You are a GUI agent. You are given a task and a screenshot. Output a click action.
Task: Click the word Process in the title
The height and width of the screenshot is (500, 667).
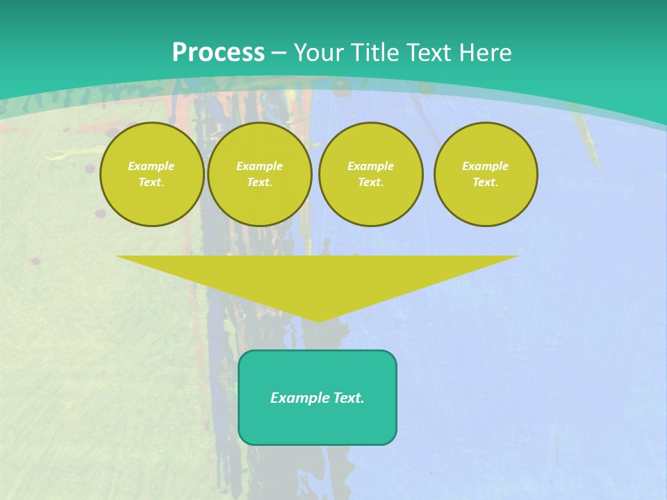218,53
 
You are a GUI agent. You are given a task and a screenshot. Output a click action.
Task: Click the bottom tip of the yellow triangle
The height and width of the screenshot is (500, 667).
318,319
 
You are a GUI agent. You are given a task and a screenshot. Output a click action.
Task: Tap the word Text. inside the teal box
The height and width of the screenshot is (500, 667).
348,398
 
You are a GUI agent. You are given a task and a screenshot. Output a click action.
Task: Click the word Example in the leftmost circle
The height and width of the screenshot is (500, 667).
151,166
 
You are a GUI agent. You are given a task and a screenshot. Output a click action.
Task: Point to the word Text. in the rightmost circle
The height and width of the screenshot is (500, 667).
486,182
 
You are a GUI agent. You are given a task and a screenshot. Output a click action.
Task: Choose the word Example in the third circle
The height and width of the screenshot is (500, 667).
371,166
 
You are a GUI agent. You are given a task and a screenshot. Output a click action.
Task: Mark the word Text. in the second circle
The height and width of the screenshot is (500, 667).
260,182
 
